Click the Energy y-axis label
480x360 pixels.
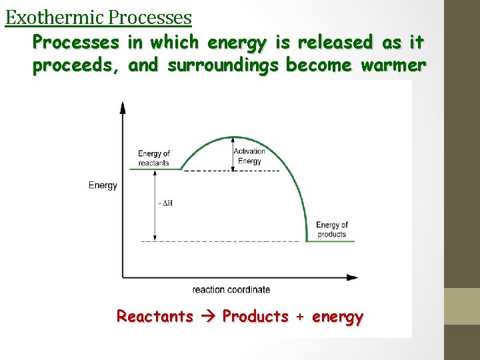click(103, 185)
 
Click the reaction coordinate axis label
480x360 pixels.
click(231, 289)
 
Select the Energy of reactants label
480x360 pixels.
click(154, 158)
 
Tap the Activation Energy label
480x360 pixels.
click(249, 155)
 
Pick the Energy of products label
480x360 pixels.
click(331, 229)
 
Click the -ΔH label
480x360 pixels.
click(167, 203)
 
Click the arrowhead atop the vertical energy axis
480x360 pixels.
click(122, 107)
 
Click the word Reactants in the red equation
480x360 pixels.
click(155, 316)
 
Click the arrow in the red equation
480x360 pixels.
click(208, 316)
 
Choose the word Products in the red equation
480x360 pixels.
click(255, 316)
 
